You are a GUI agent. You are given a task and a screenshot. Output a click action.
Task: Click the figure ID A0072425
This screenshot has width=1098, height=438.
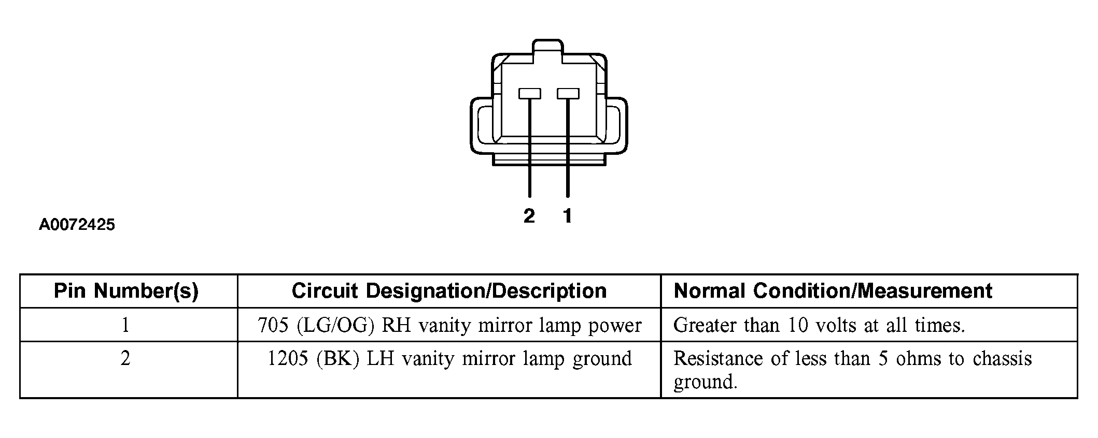(x=77, y=225)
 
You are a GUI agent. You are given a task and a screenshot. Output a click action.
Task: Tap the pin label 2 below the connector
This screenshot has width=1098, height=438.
(x=529, y=216)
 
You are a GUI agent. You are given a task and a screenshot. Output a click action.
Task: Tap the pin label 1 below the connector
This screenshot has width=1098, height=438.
(x=568, y=216)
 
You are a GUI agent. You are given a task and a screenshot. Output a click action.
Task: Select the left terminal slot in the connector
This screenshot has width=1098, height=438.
(x=529, y=94)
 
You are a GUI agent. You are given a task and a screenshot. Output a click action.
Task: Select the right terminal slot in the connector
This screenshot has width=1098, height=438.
(x=568, y=94)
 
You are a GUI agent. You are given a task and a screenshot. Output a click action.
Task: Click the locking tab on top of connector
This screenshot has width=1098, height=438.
(x=548, y=47)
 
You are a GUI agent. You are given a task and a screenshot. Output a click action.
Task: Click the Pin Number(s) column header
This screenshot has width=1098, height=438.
(x=126, y=291)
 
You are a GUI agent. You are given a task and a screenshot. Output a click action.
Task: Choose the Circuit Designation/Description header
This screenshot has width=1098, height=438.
(x=449, y=291)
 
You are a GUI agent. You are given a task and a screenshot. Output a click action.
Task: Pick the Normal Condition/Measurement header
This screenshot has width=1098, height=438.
(x=833, y=291)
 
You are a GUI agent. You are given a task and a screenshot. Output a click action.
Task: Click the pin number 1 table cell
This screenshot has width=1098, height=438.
(x=125, y=325)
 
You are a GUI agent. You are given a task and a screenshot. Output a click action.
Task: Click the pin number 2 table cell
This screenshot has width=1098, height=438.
(x=125, y=359)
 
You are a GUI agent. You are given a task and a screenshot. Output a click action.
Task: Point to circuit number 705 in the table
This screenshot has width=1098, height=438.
(x=273, y=325)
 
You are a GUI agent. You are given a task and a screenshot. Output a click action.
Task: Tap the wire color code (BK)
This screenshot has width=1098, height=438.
(x=337, y=359)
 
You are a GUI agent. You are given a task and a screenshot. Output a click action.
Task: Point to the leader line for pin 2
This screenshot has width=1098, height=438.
(x=529, y=150)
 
